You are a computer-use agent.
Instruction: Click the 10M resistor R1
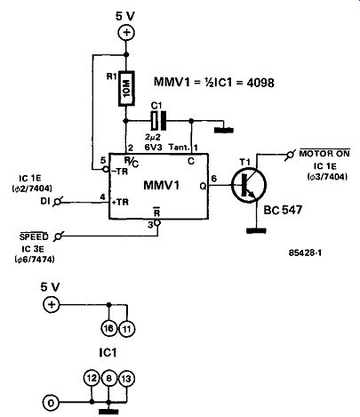(126, 88)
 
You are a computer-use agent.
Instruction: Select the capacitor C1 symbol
(158, 121)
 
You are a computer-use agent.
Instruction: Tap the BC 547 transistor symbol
(249, 186)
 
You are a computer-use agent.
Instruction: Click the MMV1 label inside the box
(162, 186)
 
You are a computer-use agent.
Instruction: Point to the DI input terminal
(57, 202)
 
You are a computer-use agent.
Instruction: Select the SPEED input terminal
(58, 237)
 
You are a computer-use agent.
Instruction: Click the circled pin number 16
(108, 328)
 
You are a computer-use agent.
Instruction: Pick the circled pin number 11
(127, 329)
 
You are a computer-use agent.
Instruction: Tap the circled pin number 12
(92, 378)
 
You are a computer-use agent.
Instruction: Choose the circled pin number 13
(126, 379)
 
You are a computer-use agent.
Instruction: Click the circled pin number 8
(109, 379)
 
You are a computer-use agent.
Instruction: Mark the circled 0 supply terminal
(51, 403)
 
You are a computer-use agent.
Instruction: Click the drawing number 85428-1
(305, 253)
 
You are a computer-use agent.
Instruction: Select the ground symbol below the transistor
(256, 230)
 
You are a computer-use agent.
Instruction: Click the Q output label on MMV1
(204, 186)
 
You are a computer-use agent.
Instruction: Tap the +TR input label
(120, 203)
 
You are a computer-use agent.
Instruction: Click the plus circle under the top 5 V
(126, 33)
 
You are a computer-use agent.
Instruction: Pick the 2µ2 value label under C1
(153, 138)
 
